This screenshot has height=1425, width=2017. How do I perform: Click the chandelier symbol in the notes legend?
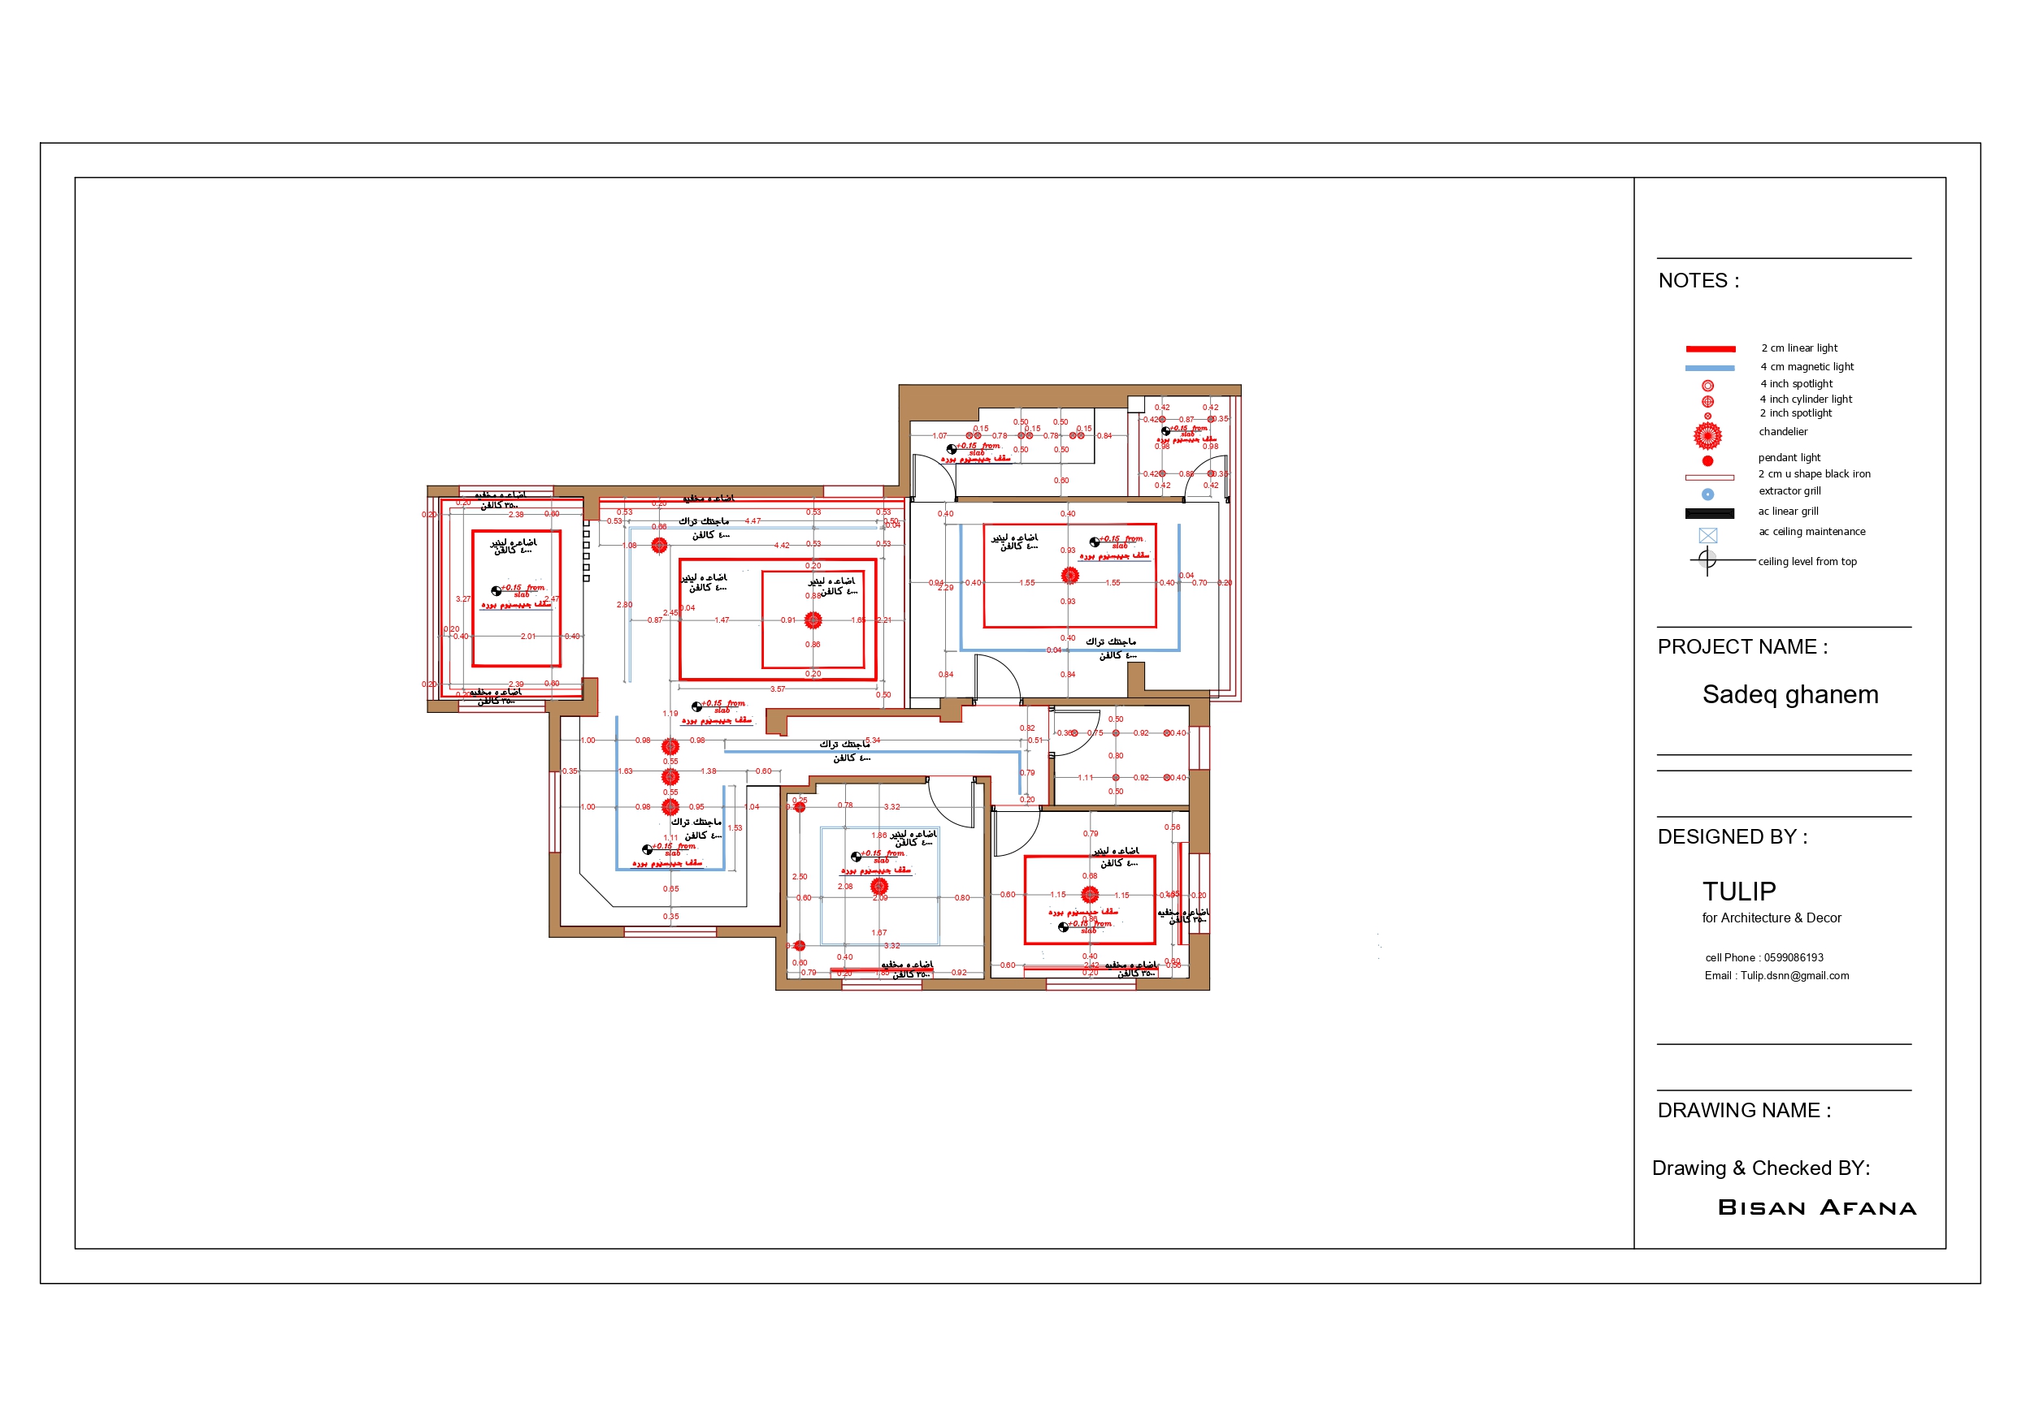1707,435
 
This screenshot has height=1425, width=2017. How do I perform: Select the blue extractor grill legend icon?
1707,494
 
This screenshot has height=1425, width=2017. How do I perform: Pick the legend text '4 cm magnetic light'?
1807,367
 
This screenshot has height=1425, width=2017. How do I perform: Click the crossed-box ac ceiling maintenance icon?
1707,536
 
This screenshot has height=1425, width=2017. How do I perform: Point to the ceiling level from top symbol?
1707,559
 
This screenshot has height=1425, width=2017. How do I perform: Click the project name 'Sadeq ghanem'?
1789,694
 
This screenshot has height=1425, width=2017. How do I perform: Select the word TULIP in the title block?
1738,892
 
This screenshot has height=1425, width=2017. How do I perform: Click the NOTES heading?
1698,281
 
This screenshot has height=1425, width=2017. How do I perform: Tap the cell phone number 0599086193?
1793,958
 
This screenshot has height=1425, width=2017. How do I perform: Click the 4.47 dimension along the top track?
753,521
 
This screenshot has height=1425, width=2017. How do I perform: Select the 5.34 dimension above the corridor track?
872,741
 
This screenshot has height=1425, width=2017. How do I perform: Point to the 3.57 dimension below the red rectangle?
778,689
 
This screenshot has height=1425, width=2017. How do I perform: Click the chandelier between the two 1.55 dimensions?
1069,575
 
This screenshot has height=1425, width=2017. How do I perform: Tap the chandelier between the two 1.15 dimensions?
1089,895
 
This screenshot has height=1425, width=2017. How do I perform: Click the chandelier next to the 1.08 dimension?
659,546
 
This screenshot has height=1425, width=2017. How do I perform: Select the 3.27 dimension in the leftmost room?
463,598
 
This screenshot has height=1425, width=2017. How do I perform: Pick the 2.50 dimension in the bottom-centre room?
800,877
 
